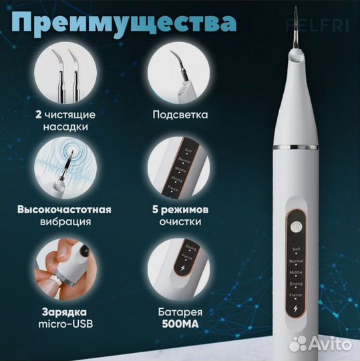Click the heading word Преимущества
point(124,21)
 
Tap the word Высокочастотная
point(65,209)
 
